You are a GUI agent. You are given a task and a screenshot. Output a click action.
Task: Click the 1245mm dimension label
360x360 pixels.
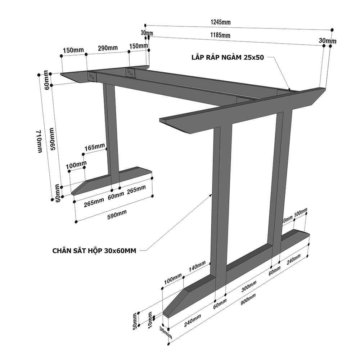pyautogui.click(x=220, y=22)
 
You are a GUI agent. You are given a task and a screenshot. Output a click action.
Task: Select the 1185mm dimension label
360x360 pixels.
pyautogui.click(x=220, y=35)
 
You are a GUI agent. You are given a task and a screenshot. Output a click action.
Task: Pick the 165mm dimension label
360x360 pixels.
pyautogui.click(x=95, y=148)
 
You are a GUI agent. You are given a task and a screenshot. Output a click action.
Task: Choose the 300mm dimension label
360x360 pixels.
pyautogui.click(x=249, y=286)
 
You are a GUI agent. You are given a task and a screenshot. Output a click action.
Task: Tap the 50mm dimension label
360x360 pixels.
pyautogui.click(x=135, y=320)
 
